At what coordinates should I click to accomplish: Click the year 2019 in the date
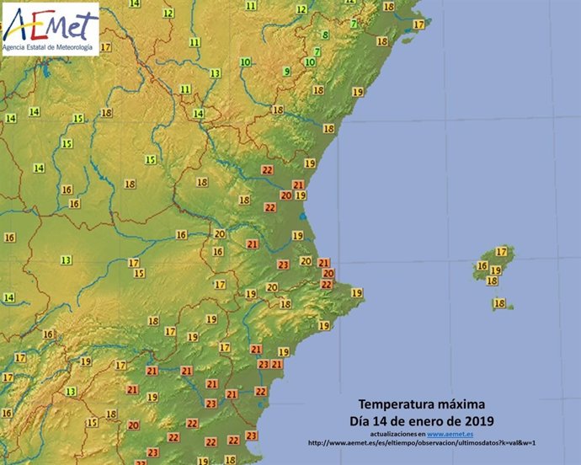coord(477,420)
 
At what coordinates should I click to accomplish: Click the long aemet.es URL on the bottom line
coord(422,443)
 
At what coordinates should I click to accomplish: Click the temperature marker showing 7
coord(354,24)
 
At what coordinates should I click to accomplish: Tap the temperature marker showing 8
coord(325,35)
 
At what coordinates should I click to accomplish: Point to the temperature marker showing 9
coord(286,72)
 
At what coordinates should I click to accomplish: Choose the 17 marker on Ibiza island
coord(501,251)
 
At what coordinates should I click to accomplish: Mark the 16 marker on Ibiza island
coord(482,265)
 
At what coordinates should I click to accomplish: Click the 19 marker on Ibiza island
coord(496,271)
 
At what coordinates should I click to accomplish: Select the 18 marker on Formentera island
coord(498,303)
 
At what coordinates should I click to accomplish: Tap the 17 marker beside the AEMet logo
coord(105,47)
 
